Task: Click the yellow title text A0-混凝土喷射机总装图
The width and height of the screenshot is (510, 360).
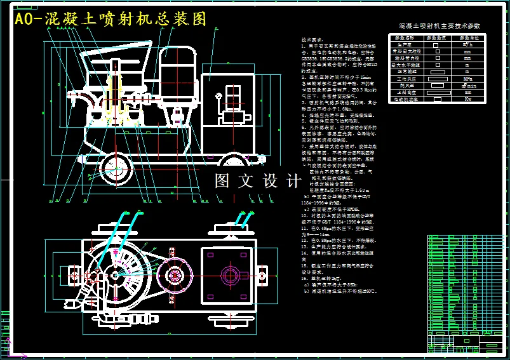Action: (111, 19)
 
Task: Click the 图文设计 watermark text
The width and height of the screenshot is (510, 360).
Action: (258, 182)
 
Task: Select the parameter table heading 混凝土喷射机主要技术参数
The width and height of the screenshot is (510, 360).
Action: (439, 27)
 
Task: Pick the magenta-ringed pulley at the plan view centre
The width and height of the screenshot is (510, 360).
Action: (171, 277)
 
